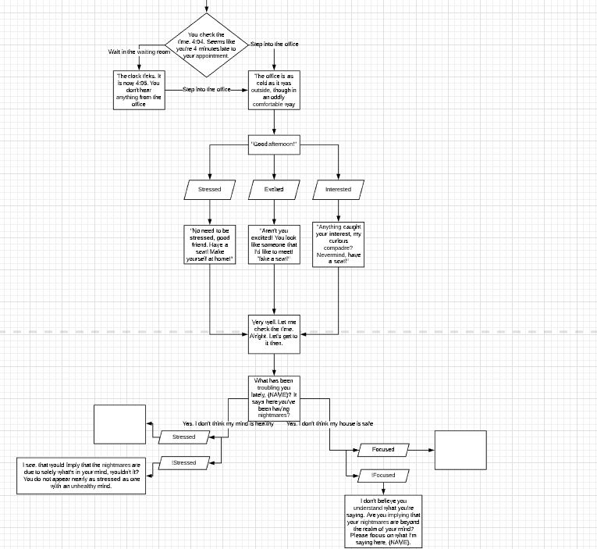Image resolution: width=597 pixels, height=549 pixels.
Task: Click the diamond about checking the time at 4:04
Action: [x=207, y=45]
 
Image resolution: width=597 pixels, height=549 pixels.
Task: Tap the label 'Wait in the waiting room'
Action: [x=139, y=52]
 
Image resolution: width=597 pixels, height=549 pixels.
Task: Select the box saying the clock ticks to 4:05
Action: [x=140, y=90]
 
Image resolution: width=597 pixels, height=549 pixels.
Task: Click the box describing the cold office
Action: [x=273, y=90]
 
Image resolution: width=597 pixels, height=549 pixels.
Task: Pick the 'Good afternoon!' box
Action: [x=273, y=144]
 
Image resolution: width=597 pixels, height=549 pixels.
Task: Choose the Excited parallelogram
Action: [x=274, y=189]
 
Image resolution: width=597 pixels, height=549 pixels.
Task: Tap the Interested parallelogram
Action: [x=338, y=189]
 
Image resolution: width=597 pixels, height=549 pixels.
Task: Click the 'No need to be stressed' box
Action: [x=210, y=246]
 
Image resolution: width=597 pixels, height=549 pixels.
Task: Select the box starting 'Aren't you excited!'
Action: [x=273, y=246]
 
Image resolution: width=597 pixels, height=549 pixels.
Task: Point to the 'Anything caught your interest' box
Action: [x=338, y=244]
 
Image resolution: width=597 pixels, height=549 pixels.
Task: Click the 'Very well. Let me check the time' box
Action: [x=273, y=332]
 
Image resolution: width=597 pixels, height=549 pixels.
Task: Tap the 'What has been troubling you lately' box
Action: [x=273, y=397]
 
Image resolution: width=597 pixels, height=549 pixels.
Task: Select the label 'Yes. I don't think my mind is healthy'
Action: [x=228, y=423]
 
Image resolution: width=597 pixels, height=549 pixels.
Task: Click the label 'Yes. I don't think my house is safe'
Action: [x=329, y=423]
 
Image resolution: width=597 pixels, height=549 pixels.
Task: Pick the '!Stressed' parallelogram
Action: [x=184, y=463]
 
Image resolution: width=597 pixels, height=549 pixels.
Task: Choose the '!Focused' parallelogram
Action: [x=383, y=475]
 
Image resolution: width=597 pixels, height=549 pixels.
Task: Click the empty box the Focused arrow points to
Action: [x=460, y=450]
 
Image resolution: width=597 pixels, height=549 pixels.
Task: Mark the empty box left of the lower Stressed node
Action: [x=119, y=425]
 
